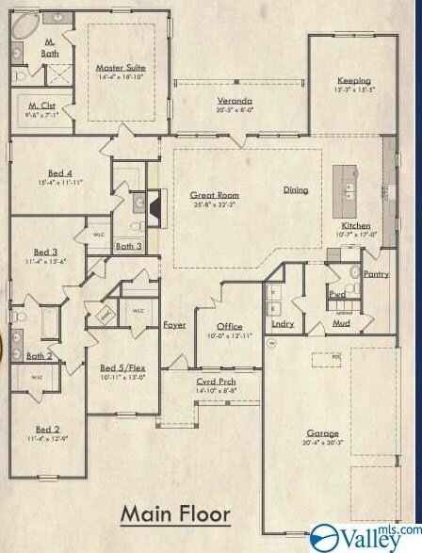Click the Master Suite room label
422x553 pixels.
click(120, 68)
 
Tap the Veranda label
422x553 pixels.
click(235, 100)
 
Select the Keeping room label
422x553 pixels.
click(354, 81)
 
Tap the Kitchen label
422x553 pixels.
click(356, 226)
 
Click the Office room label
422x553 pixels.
click(230, 326)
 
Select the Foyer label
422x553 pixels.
click(174, 325)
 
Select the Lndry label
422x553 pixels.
click(283, 324)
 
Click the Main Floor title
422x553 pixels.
click(174, 514)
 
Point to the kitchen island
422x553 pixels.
click(348, 185)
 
